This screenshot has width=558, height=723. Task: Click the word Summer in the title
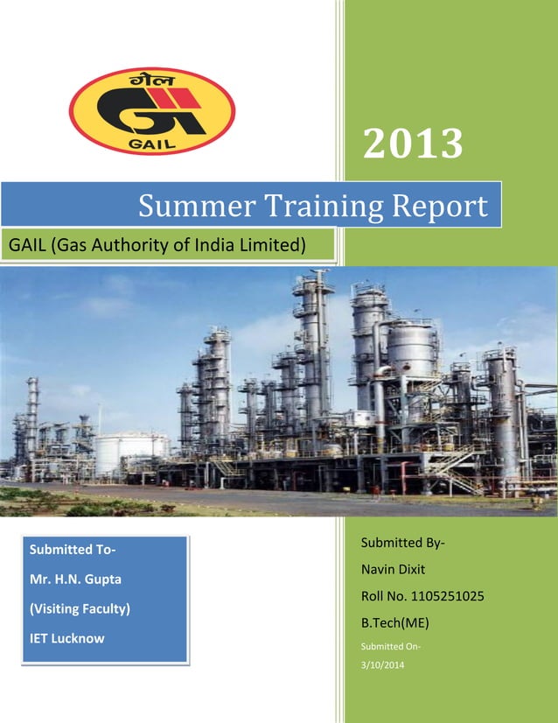click(182, 207)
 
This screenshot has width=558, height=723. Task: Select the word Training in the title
click(305, 207)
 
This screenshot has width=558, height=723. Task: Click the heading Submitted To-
click(73, 550)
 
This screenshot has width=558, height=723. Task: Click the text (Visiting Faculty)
click(80, 607)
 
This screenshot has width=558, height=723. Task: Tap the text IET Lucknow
click(66, 637)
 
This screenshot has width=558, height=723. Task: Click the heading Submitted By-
click(402, 544)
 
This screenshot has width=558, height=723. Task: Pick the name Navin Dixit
click(393, 570)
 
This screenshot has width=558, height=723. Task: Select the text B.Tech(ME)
click(394, 622)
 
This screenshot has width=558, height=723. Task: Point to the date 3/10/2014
click(378, 666)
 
